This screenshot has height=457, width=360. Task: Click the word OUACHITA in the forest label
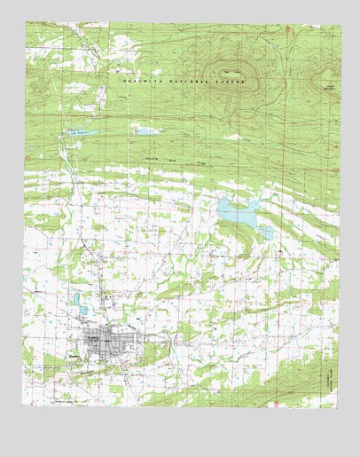[141, 82]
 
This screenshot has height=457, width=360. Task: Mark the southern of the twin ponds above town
[78, 310]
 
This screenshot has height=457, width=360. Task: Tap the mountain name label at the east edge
[329, 87]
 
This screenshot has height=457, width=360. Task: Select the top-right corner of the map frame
[339, 24]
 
